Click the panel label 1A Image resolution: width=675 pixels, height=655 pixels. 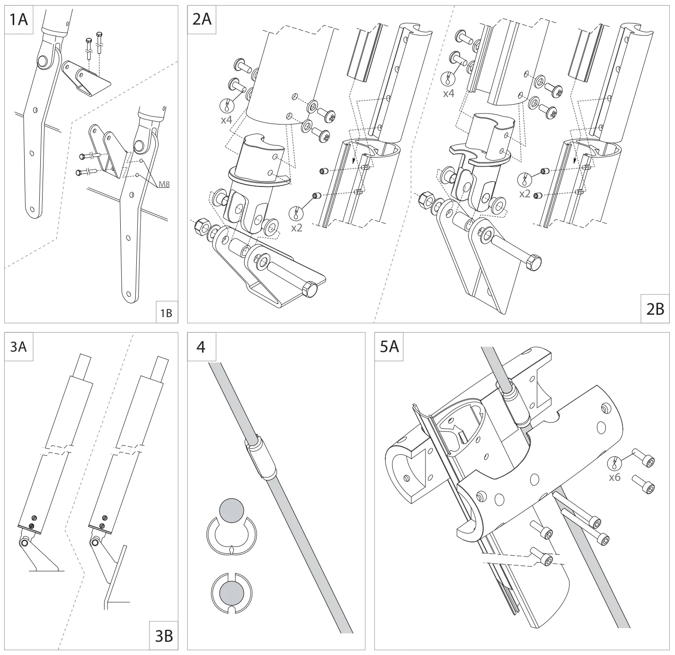18,20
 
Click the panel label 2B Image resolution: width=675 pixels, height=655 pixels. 655,309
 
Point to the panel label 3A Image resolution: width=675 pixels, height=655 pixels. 18,346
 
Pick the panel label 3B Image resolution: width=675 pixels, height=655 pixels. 164,637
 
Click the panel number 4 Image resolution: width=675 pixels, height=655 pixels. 201,346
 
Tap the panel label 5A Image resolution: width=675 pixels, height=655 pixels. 390,346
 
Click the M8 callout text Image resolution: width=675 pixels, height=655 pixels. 163,184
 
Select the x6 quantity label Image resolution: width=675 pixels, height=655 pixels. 614,478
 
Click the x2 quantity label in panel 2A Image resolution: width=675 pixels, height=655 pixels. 297,227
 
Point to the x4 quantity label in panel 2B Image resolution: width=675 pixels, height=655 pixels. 448,93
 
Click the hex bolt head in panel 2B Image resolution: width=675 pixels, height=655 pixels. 533,262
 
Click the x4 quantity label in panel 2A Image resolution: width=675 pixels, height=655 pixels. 227,119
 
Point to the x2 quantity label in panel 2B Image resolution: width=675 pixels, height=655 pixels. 524,194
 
